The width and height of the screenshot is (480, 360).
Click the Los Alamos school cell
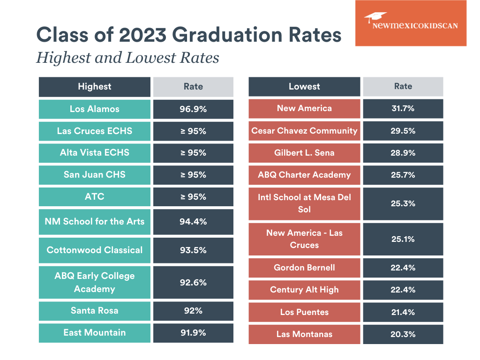[95, 109]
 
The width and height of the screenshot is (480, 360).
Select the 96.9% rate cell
[193, 109]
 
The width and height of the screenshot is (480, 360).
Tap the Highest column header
[95, 86]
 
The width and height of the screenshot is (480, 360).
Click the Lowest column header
[304, 86]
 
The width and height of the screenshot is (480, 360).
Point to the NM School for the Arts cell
[95, 221]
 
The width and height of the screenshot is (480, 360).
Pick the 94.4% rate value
[193, 221]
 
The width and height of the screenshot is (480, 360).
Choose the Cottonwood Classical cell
[95, 250]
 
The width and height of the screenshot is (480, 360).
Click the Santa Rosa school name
[95, 310]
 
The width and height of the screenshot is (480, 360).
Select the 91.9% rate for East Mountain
[193, 332]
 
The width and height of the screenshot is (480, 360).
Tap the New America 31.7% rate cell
[403, 108]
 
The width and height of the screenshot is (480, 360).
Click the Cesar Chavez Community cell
[304, 131]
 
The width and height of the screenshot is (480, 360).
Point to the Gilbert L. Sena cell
[304, 153]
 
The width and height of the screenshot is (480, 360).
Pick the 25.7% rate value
[403, 175]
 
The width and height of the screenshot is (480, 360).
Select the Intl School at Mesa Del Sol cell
[304, 203]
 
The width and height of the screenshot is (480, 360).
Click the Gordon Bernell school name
[304, 268]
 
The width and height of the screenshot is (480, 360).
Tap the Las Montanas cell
[304, 334]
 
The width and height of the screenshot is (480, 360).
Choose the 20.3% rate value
[403, 334]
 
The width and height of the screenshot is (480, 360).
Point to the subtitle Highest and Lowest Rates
[128, 58]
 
